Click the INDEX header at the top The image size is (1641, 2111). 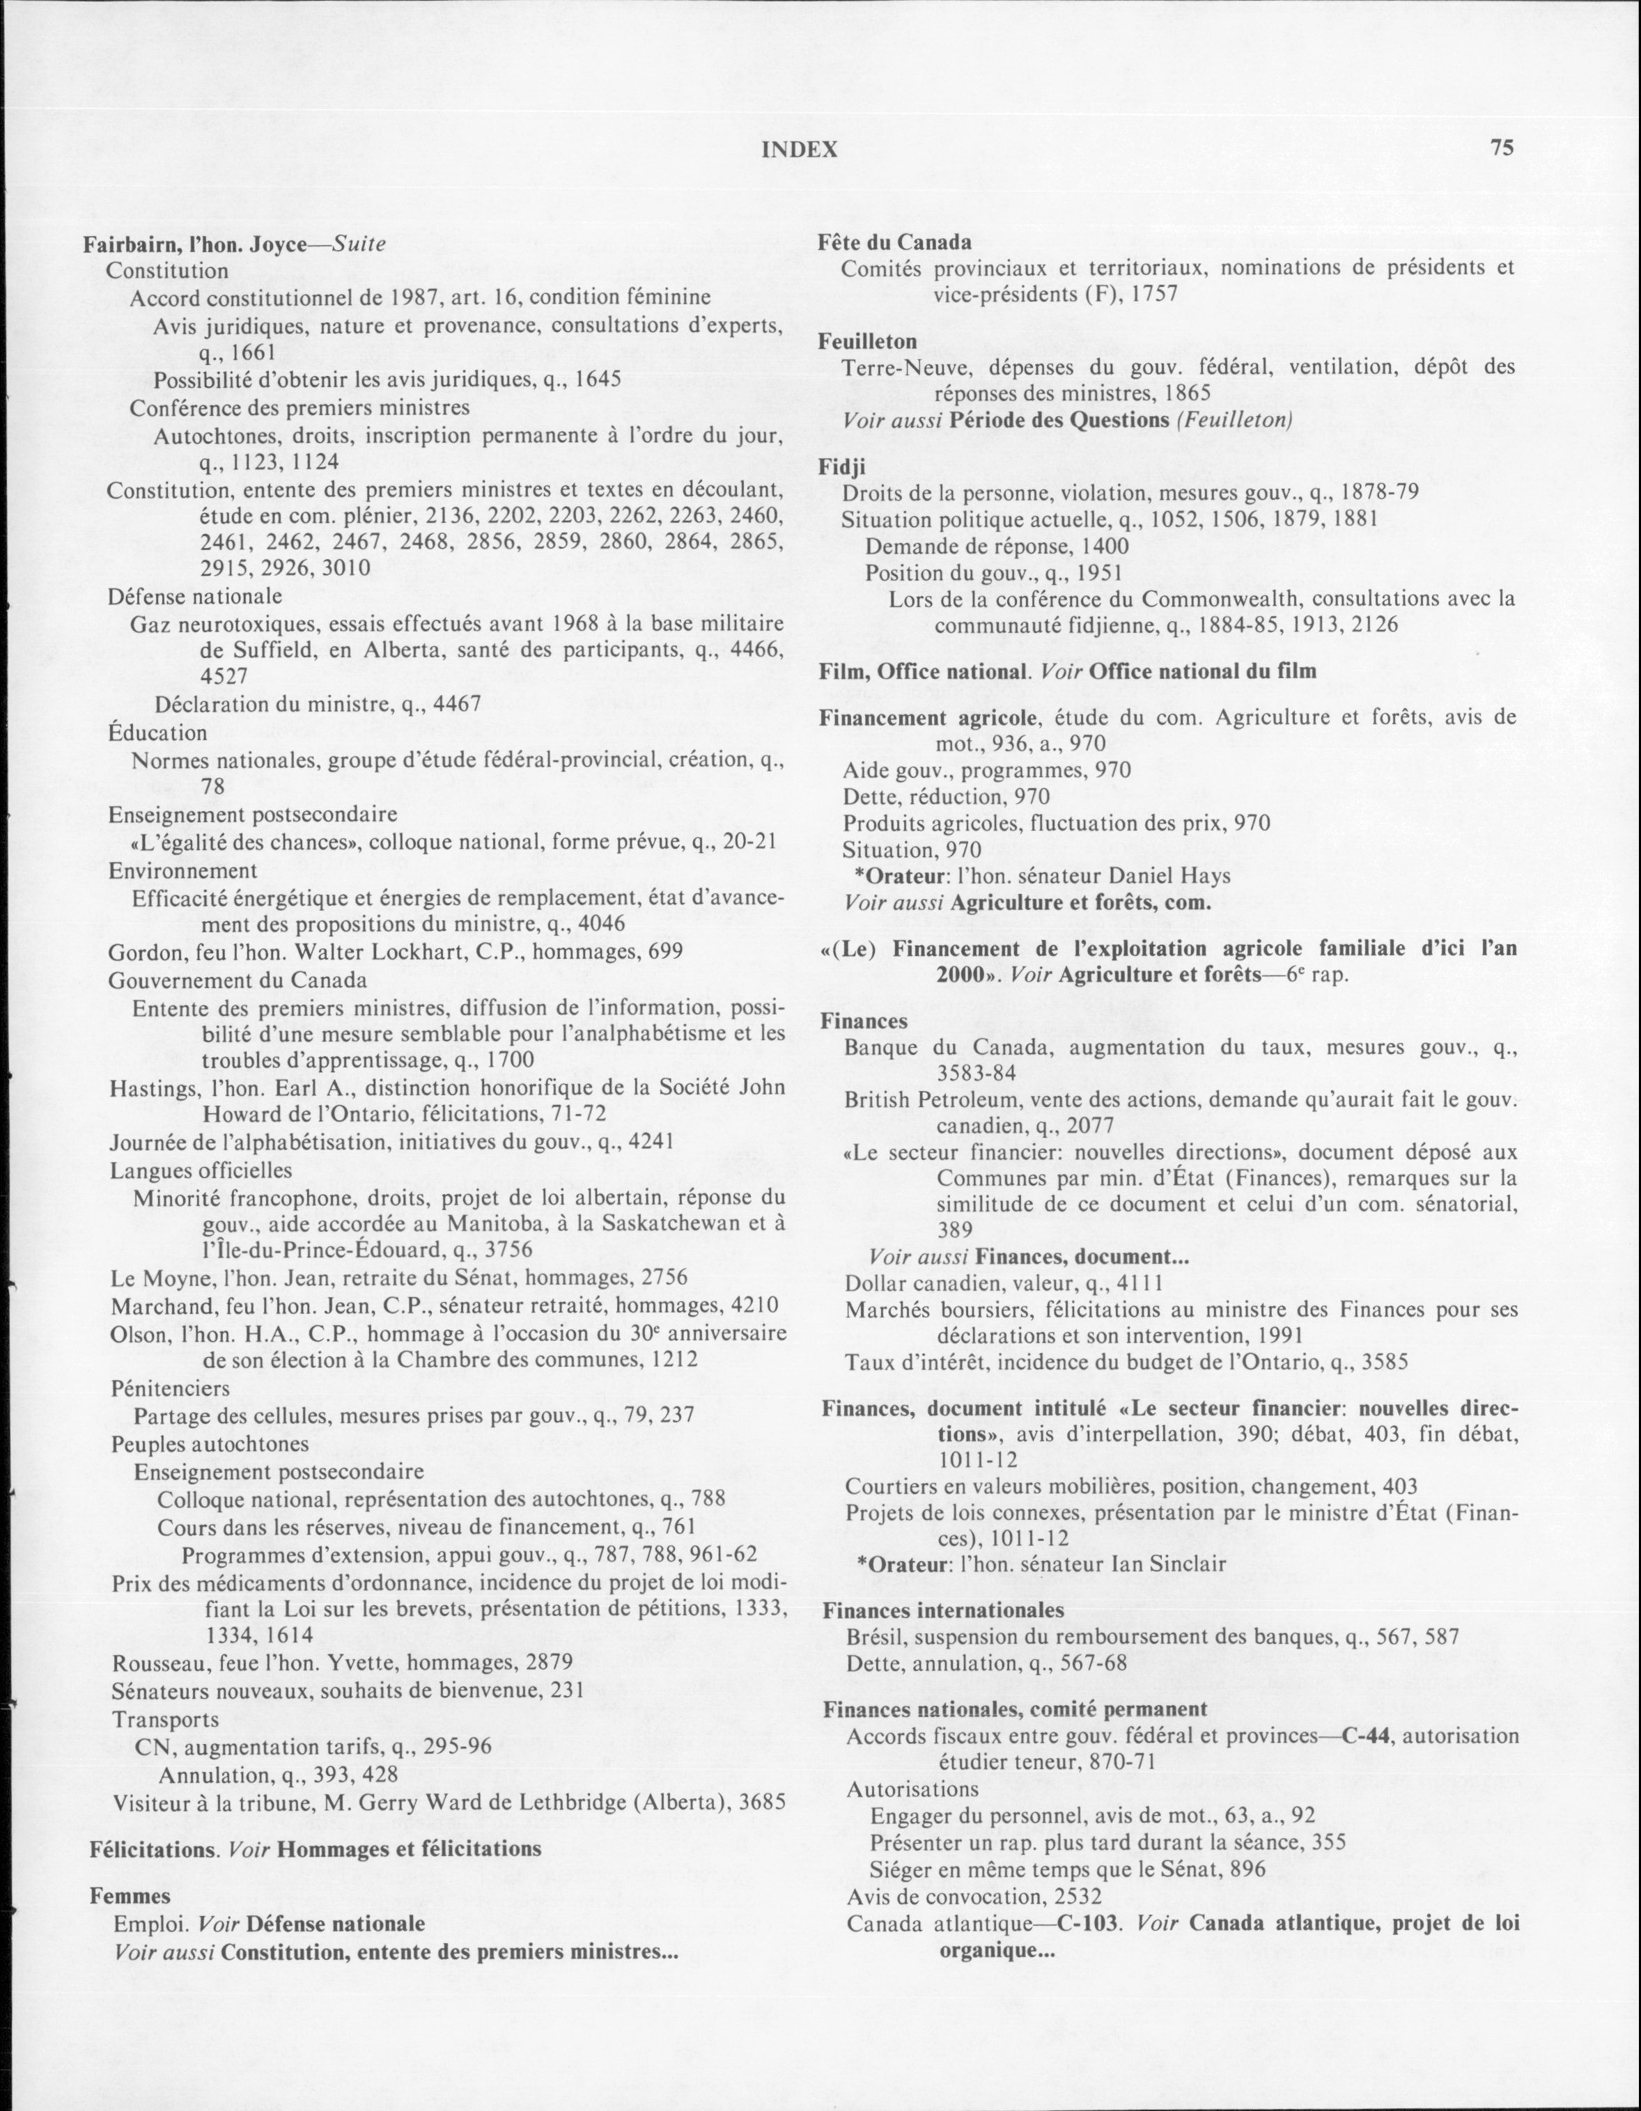tap(800, 149)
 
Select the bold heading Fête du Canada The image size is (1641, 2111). tap(894, 242)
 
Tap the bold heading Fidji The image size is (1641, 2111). tap(842, 466)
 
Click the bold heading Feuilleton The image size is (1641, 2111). tap(867, 341)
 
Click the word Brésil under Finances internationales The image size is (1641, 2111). tap(875, 1636)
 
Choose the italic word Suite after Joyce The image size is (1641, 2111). tap(359, 244)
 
